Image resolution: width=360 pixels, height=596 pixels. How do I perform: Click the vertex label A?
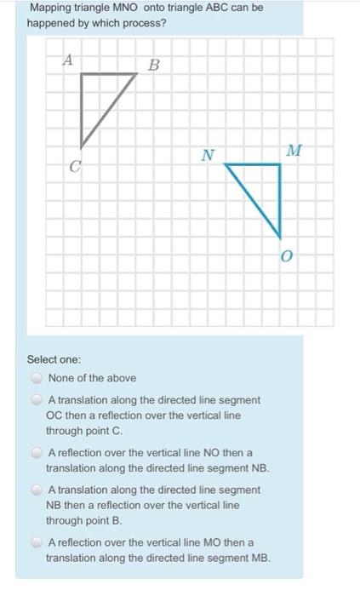[x=67, y=59]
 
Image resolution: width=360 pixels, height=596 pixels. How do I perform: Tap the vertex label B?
[x=153, y=65]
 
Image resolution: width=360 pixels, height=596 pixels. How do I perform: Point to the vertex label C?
[x=75, y=169]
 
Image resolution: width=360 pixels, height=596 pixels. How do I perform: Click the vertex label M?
[x=294, y=151]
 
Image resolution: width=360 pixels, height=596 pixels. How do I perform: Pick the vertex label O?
[x=286, y=255]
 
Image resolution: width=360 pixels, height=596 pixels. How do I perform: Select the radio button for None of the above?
[x=37, y=378]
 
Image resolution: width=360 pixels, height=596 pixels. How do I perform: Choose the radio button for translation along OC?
[x=37, y=400]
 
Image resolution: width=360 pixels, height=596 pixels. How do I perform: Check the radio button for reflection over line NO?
[x=37, y=454]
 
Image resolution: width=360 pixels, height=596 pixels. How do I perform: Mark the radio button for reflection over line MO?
[x=37, y=543]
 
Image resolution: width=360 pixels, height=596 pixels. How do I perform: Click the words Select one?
[x=54, y=360]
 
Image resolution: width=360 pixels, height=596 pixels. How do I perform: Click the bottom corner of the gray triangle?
[x=82, y=146]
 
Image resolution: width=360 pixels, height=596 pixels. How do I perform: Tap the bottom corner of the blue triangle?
[x=280, y=237]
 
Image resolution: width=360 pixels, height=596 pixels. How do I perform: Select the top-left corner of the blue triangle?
[x=226, y=165]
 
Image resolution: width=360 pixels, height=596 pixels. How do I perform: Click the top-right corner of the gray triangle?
[x=137, y=74]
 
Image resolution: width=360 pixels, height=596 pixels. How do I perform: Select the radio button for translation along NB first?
[x=37, y=490]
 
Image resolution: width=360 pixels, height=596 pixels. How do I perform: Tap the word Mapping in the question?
[x=50, y=8]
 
